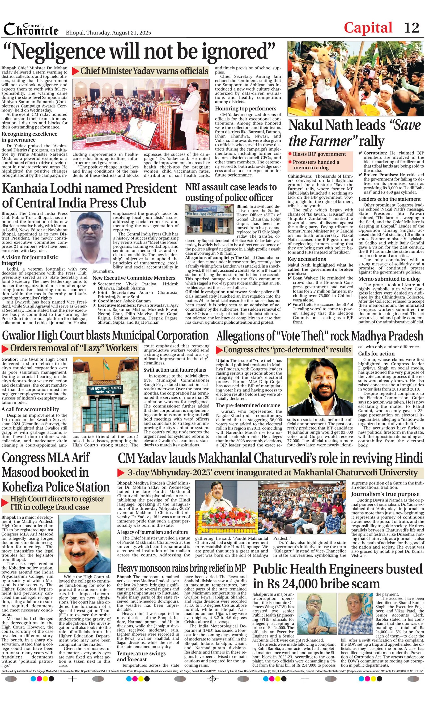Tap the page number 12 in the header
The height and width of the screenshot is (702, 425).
[x=412, y=28]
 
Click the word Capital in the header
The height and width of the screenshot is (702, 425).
[x=368, y=28]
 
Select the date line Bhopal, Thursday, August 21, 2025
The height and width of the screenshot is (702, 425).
[x=108, y=33]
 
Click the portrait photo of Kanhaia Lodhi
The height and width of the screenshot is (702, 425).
[x=90, y=237]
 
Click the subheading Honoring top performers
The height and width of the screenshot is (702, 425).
[x=245, y=109]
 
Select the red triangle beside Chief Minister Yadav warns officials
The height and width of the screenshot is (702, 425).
[x=75, y=71]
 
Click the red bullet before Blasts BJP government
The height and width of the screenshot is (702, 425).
[x=290, y=154]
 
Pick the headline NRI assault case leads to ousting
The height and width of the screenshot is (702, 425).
[x=231, y=192]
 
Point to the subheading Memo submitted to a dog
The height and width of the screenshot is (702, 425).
[x=389, y=279]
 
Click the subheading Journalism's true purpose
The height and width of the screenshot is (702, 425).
[x=385, y=494]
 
